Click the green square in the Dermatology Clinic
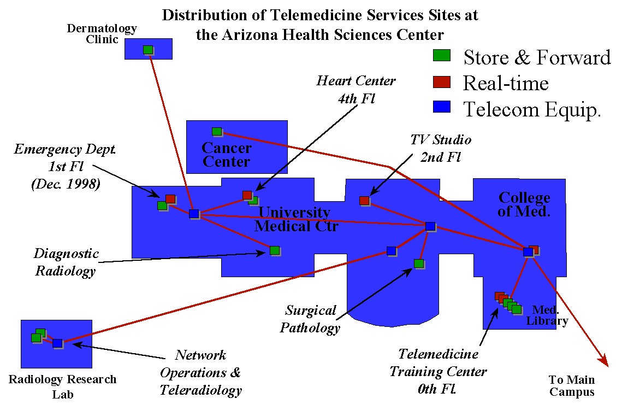pyautogui.click(x=147, y=50)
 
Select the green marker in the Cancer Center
pyautogui.click(x=216, y=131)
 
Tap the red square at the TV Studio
pyautogui.click(x=364, y=201)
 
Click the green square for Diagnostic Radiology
pyautogui.click(x=275, y=250)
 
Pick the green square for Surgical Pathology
pyautogui.click(x=418, y=263)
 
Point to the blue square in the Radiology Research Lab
pyautogui.click(x=57, y=343)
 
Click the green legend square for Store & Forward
pyautogui.click(x=441, y=55)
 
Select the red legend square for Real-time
pyautogui.click(x=441, y=81)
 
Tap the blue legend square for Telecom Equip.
pyautogui.click(x=441, y=107)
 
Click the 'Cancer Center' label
pyautogui.click(x=227, y=155)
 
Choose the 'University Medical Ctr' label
pyautogui.click(x=295, y=219)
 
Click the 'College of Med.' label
pyautogui.click(x=524, y=204)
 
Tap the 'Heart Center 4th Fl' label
pyautogui.click(x=356, y=88)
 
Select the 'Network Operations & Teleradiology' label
pyautogui.click(x=200, y=373)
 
